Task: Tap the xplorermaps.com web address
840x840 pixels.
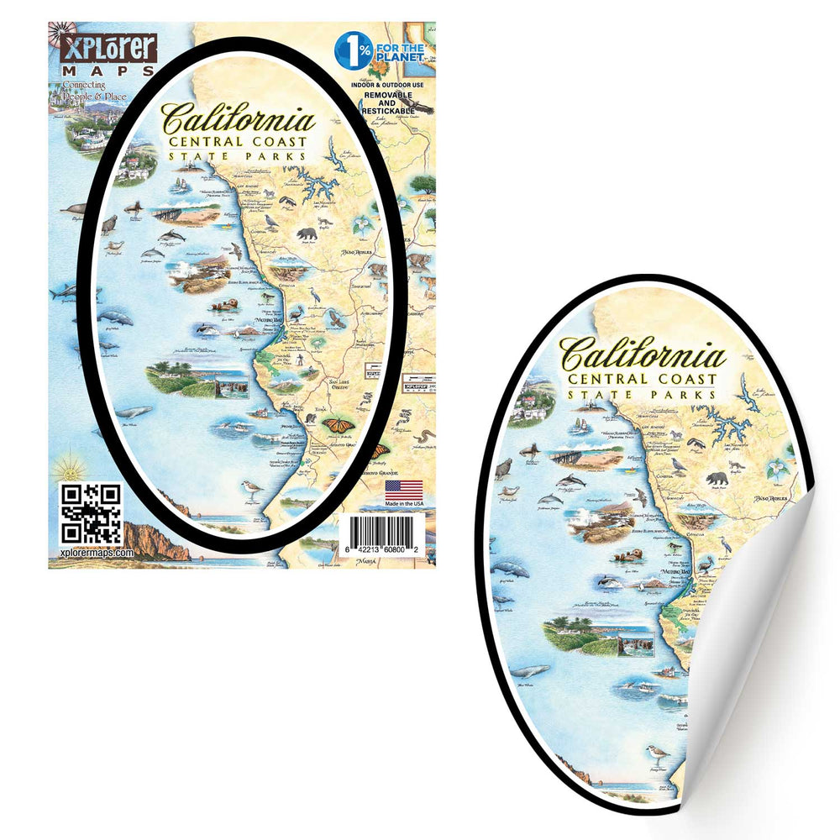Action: click(97, 554)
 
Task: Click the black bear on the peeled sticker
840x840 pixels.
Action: click(717, 478)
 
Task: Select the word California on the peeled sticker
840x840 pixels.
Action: click(643, 353)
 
